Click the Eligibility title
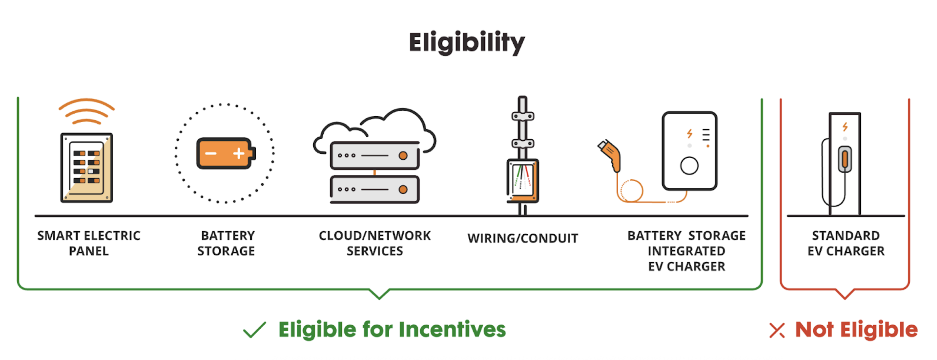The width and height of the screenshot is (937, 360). tap(467, 42)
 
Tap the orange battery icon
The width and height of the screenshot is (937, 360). tap(226, 153)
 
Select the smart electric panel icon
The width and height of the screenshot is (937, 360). tap(87, 168)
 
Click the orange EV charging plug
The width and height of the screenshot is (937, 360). tap(610, 155)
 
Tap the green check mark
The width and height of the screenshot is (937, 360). tap(255, 330)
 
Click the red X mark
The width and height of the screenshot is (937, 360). tap(777, 331)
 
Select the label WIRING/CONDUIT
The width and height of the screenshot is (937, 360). tap(522, 238)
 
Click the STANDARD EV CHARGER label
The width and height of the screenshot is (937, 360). tap(846, 243)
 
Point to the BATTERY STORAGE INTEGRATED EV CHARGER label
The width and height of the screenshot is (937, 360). tap(687, 251)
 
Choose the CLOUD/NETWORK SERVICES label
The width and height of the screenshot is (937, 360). tap(375, 243)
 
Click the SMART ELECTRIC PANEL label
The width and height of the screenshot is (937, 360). tap(89, 243)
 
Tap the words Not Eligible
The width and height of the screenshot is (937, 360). tap(856, 330)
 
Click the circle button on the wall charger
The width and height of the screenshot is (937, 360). tap(689, 166)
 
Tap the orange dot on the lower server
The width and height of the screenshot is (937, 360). tap(403, 189)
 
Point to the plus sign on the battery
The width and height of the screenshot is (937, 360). tap(238, 153)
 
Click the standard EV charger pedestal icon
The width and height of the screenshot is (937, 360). tap(844, 163)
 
